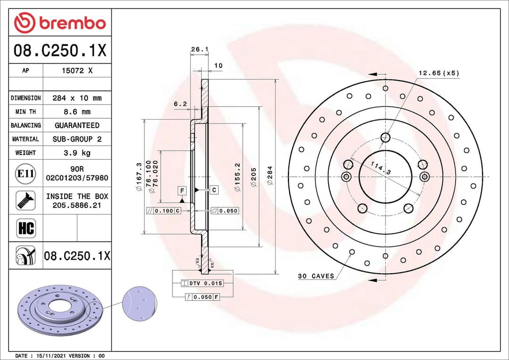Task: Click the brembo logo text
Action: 72,22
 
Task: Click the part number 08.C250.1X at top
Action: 60,50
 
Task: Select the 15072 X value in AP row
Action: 77,71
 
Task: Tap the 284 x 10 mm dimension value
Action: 77,98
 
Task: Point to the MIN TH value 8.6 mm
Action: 77,112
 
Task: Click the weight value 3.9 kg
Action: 77,153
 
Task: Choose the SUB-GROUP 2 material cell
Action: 77,139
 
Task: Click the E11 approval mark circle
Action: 25,173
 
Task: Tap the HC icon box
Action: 25,229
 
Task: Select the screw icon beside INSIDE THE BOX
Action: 25,200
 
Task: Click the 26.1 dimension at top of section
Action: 200,49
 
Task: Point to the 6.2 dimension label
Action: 181,104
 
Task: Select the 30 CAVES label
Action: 316,276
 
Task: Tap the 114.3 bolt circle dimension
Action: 380,168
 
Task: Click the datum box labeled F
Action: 181,190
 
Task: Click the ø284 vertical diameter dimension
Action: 271,175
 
